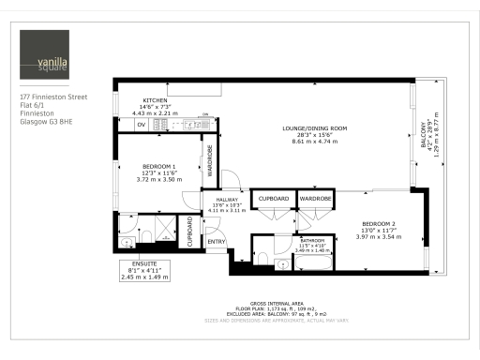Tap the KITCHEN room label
[154, 100]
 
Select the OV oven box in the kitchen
[142, 123]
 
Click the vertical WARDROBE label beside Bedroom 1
[209, 163]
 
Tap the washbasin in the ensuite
[127, 244]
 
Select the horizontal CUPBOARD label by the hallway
[275, 199]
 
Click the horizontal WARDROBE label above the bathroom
[315, 199]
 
